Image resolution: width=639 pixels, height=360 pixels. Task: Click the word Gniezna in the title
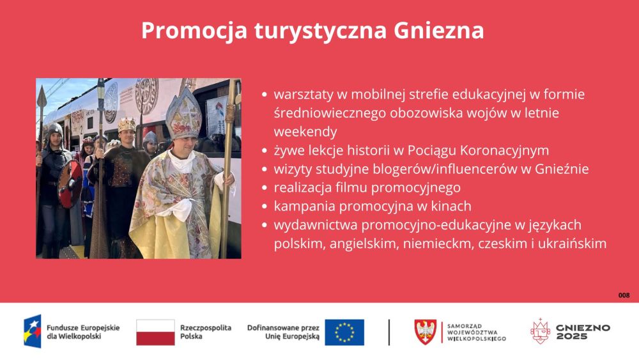click(x=439, y=30)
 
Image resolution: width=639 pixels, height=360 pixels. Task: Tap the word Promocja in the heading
click(x=194, y=31)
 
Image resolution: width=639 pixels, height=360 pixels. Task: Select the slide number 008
click(x=624, y=295)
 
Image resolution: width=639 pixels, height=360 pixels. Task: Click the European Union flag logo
click(x=344, y=333)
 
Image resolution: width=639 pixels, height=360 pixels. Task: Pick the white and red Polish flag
click(x=155, y=333)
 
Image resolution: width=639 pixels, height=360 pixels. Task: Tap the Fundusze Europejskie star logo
click(x=33, y=331)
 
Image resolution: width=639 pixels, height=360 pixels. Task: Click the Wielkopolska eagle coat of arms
click(x=425, y=332)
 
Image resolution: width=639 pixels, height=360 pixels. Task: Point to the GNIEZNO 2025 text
click(x=583, y=333)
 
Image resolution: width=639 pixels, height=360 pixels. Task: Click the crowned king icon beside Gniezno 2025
click(x=540, y=331)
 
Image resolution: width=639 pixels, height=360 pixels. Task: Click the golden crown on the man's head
click(x=127, y=125)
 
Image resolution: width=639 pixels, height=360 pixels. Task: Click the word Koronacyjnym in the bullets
click(x=505, y=150)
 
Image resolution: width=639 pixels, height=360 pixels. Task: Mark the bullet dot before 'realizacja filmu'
click(x=265, y=187)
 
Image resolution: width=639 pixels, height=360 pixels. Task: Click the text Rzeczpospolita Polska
click(x=205, y=332)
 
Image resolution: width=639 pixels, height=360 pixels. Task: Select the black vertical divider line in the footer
click(x=389, y=333)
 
